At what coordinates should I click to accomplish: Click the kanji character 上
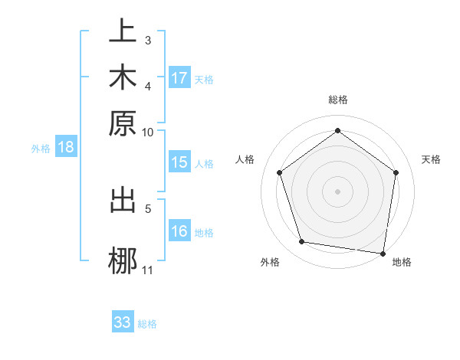point(123,32)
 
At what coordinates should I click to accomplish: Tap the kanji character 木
point(123,77)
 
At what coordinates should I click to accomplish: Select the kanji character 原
point(123,123)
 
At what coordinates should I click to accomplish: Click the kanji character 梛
point(123,258)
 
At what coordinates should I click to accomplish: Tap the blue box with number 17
point(179,78)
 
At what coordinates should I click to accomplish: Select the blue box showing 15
point(179,162)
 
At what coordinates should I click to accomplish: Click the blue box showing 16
point(179,231)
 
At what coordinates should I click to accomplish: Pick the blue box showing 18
point(66,148)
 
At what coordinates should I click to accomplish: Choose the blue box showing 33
point(123,322)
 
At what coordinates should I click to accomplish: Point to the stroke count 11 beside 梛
point(147,270)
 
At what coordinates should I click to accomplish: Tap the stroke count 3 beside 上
point(148,40)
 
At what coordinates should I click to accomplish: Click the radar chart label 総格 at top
point(338,100)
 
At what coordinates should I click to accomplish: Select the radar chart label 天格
point(431,159)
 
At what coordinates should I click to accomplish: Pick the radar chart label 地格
point(402,263)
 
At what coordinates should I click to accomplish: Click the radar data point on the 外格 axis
point(302,242)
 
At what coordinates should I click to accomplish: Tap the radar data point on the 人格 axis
point(279,173)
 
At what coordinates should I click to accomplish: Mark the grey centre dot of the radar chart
point(338,191)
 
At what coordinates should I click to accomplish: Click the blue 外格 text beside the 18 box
point(41,149)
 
